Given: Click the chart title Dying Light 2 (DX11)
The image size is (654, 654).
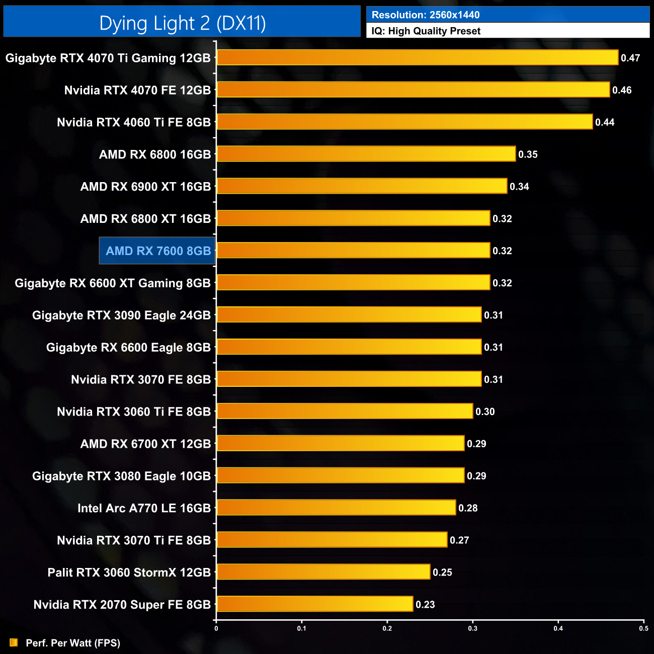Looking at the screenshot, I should pos(182,23).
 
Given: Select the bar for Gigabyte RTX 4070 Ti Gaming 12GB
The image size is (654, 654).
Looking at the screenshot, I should pos(417,57).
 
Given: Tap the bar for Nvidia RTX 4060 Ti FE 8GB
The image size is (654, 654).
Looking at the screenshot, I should pos(404,122).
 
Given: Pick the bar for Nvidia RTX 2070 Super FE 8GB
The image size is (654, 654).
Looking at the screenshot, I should pos(314,604).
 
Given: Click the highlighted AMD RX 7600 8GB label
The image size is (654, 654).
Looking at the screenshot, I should pos(158,251).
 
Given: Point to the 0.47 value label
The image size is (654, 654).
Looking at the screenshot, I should pos(630,58).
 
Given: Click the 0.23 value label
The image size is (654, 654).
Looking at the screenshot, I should pos(425,604).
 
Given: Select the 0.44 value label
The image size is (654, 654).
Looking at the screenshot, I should pos(605,122).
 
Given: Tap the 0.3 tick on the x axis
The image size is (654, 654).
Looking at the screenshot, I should pos(473,628).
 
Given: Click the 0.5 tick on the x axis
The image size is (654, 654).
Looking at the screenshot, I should pos(643,628).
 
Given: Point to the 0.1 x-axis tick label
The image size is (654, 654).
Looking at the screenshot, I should pos(301,628).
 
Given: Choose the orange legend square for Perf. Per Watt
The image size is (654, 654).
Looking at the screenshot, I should pos(14,642).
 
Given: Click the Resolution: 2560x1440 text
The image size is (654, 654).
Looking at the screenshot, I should pos(426,15).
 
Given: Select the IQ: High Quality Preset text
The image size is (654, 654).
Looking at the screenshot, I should pos(426,31).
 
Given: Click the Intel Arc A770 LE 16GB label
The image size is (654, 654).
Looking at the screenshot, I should pos(144,508).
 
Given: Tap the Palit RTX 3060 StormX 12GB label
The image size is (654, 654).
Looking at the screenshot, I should pos(129,573).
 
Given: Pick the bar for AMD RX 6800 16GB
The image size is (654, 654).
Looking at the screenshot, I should pos(366,154).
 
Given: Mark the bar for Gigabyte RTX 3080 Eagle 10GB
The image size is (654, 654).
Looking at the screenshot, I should pos(340,475).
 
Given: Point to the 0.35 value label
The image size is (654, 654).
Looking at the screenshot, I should pos(528,154).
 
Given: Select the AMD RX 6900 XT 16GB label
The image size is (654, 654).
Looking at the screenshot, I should pos(145,187).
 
